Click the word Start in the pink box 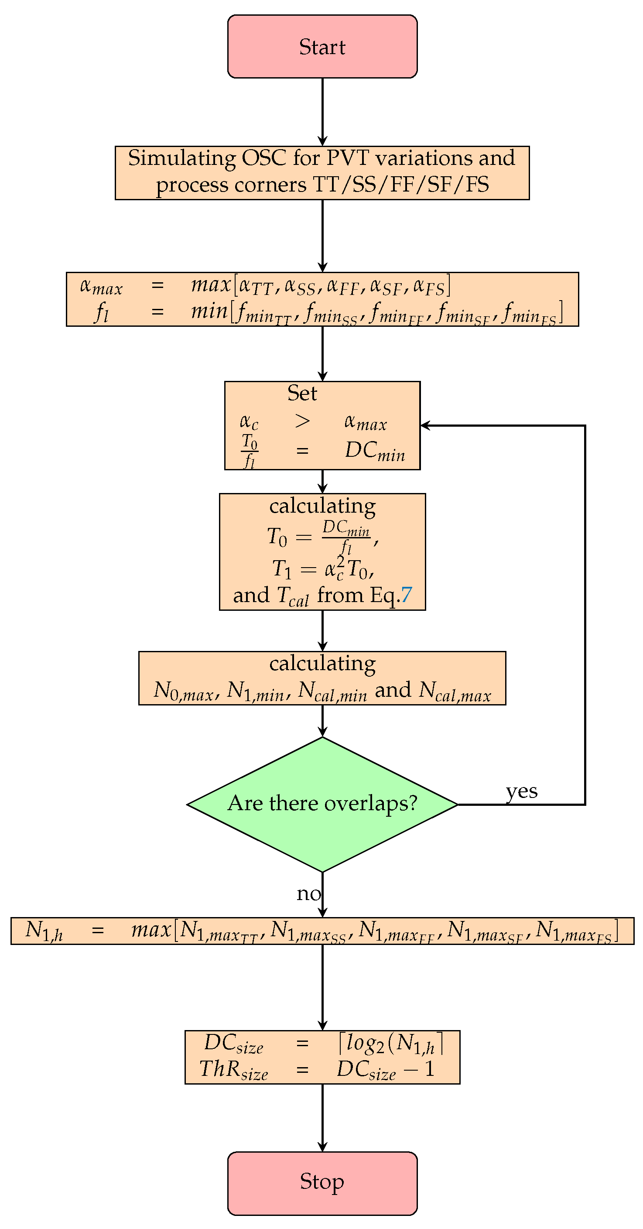[x=322, y=47]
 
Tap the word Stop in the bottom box [x=322, y=1181]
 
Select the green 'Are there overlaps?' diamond [x=322, y=804]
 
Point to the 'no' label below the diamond [x=308, y=894]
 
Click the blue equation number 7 [x=406, y=595]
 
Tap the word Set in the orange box [x=302, y=393]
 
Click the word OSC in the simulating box [x=264, y=158]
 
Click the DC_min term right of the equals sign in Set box [x=375, y=450]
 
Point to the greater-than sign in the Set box [x=302, y=421]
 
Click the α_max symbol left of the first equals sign [x=101, y=286]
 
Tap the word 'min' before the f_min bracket [x=209, y=311]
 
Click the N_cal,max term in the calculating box [x=455, y=691]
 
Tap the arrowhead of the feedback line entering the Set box [x=424, y=425]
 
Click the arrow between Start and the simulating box [x=322, y=112]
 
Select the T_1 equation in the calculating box [x=322, y=569]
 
